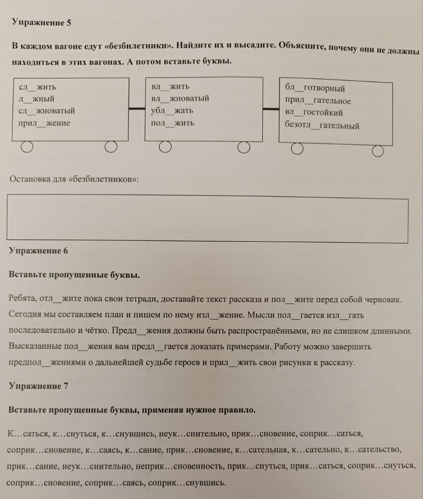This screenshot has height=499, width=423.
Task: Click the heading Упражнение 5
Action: pos(41,23)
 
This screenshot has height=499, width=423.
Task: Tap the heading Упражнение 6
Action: pos(38,251)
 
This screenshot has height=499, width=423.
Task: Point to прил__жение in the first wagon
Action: pos(44,123)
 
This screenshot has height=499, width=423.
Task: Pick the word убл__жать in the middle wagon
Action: pos(172,111)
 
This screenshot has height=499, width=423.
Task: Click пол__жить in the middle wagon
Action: pos(173,123)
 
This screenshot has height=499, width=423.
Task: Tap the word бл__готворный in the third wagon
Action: pos(315,88)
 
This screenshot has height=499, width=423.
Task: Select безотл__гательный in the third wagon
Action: pos(322,126)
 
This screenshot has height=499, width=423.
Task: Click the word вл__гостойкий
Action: pos(314,113)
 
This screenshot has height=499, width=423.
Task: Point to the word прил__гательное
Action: pos(318,101)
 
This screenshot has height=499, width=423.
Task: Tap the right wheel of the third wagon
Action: pos(377,151)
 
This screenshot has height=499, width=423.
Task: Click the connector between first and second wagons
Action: pos(137,108)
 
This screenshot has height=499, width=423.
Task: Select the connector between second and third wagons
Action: pos(271,109)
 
